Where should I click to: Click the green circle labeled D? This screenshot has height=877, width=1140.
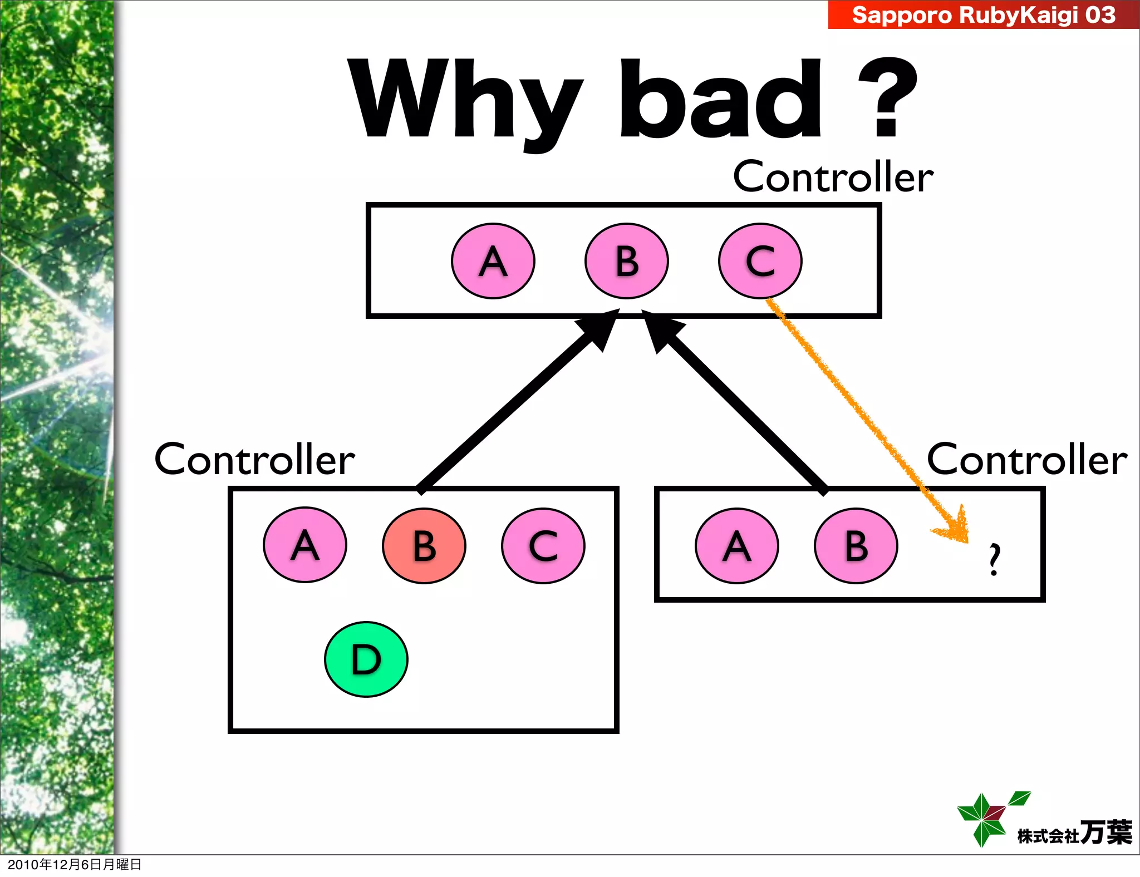tap(366, 659)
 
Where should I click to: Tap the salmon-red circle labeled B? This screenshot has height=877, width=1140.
tap(424, 546)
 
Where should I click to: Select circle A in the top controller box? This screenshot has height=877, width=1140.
tap(493, 262)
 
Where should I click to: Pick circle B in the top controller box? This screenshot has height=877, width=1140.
tap(627, 262)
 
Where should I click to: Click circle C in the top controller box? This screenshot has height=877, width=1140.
tap(760, 262)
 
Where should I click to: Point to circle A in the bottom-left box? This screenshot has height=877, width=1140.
tap(305, 545)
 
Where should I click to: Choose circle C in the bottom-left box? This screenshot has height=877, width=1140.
tap(543, 546)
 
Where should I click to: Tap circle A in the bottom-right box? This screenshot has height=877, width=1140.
tap(737, 546)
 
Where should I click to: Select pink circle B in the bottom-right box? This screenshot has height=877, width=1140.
tap(856, 546)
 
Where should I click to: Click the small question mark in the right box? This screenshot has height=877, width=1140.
tap(995, 559)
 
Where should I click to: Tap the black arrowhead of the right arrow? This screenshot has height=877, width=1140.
tap(662, 331)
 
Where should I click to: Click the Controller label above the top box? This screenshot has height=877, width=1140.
tap(833, 177)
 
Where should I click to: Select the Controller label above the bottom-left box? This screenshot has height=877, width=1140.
tap(254, 460)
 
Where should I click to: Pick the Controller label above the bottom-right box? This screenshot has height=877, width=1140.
tap(1027, 460)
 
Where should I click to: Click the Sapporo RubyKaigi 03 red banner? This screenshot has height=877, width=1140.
tap(983, 14)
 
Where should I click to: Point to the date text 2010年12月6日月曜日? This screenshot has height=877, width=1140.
tap(75, 864)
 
